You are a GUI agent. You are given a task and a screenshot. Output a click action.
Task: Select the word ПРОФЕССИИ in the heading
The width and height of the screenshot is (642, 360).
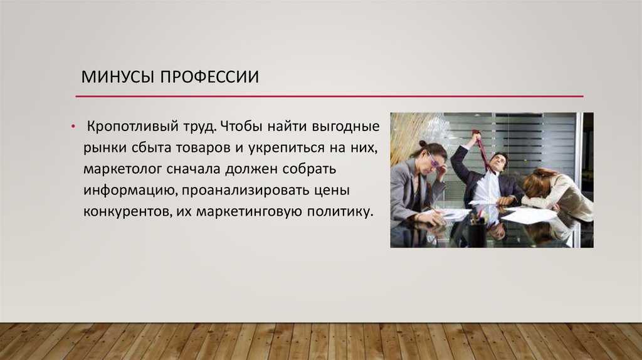click(x=209, y=77)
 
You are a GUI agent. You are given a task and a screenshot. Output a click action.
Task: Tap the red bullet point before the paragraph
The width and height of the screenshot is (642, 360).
click(x=73, y=127)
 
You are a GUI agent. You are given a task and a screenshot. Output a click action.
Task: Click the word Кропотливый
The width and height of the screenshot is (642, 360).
click(x=151, y=127)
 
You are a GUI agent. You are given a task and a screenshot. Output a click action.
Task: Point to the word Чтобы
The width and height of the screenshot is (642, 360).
click(x=241, y=126)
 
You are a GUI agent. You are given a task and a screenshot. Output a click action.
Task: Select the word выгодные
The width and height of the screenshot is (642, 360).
click(x=345, y=127)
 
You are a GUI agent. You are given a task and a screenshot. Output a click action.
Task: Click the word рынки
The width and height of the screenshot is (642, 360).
click(x=105, y=148)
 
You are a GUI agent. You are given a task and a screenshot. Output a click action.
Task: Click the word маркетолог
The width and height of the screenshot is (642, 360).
click(x=123, y=169)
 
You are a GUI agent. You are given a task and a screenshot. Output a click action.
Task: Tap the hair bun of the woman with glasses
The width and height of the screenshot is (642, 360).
click(x=422, y=144)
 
